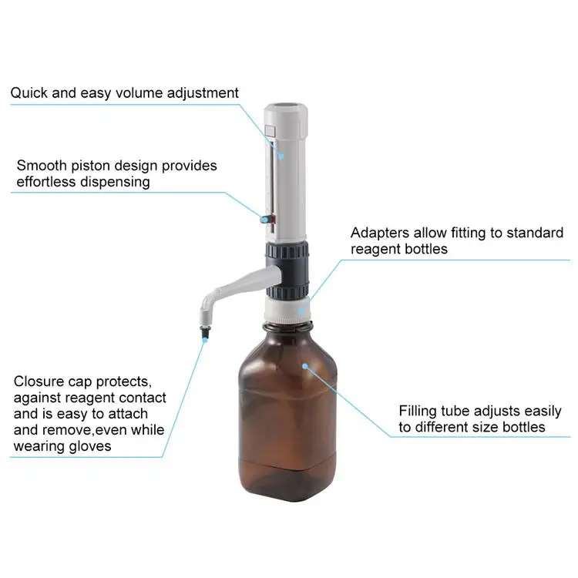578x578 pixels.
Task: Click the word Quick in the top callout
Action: pyautogui.click(x=27, y=93)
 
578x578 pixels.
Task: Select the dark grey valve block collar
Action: pyautogui.click(x=288, y=266)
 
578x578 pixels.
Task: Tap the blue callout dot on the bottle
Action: pyautogui.click(x=305, y=365)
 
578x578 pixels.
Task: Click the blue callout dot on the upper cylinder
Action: pyautogui.click(x=281, y=155)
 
